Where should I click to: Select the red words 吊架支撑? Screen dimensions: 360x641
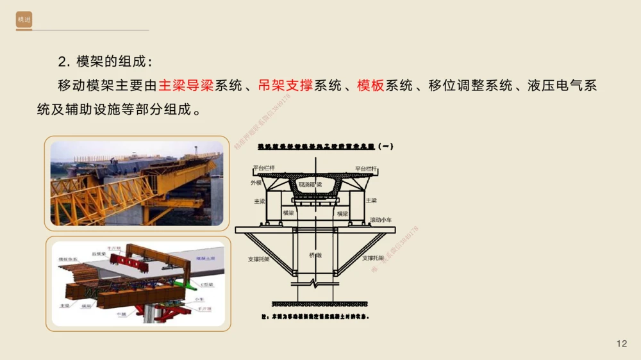coord(285,85)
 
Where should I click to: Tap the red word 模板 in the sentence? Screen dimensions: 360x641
coord(370,85)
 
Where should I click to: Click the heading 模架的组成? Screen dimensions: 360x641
coord(105,61)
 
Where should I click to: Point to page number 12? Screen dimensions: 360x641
coord(621,344)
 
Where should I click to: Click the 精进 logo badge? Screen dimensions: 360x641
coord(24,21)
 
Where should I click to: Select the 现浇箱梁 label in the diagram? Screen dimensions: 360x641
coord(310,184)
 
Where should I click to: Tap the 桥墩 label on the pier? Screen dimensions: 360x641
coord(315,254)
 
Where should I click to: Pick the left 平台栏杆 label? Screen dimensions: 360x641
coord(263,168)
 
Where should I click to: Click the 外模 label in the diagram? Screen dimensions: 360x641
coord(256,183)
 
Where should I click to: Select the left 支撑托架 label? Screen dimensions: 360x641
coord(258,259)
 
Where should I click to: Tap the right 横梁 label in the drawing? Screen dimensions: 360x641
coord(342,213)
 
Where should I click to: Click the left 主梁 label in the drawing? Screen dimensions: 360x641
coord(259,200)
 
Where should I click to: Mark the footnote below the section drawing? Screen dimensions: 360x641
coord(315,316)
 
